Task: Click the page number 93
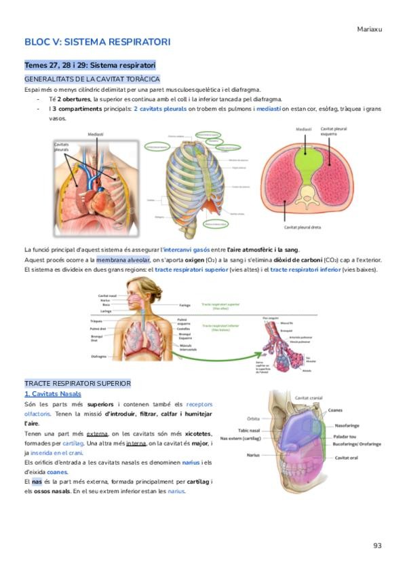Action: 378,545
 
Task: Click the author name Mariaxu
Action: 370,29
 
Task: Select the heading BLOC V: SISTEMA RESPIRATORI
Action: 97,42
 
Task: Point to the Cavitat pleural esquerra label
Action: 333,131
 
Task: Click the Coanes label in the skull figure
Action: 335,410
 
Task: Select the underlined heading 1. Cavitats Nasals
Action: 52,394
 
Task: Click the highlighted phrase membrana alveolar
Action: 123,260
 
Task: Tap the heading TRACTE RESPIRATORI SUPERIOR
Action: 77,384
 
